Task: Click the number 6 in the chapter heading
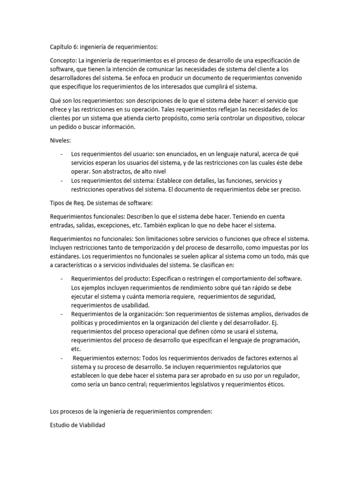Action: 76,47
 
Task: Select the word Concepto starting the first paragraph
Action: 63,61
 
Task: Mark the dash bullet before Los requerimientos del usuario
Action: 62,153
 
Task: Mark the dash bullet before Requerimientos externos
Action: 62,358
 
